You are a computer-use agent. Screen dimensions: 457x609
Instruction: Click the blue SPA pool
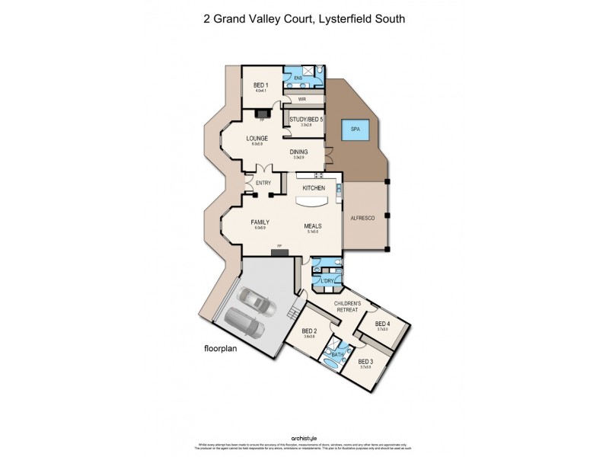point(355,129)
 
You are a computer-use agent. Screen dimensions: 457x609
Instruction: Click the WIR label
point(302,99)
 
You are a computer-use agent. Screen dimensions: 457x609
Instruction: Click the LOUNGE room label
point(257,139)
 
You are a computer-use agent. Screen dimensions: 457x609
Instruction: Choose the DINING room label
point(299,152)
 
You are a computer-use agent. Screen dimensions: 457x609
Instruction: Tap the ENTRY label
point(263,183)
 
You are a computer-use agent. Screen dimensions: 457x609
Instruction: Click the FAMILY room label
point(260,222)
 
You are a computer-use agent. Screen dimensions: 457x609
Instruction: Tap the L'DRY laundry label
point(328,281)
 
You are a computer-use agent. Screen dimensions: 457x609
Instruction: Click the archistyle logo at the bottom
point(304,438)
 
